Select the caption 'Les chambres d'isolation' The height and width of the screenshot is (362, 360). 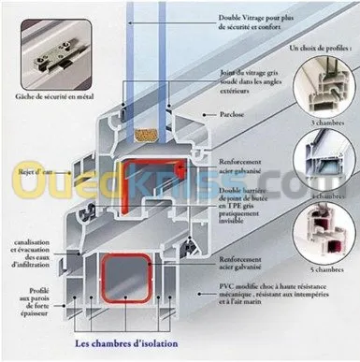pos(124,342)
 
